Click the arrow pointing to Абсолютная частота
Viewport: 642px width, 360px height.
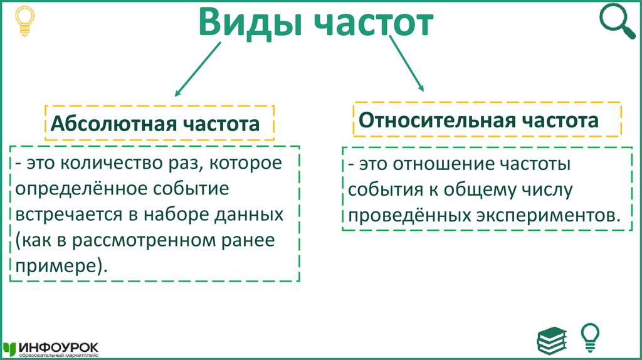(x=197, y=70)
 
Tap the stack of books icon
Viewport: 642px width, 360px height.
(x=552, y=339)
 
